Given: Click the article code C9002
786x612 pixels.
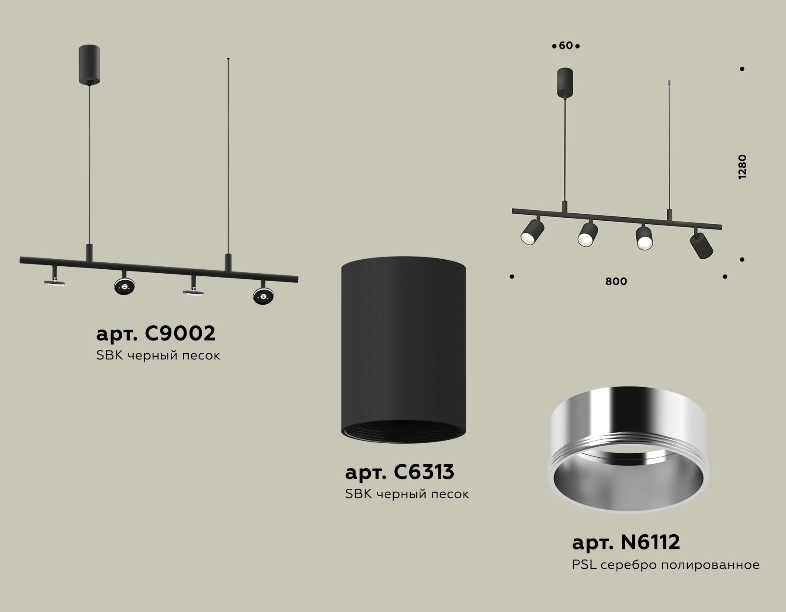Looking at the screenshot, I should point(155,334).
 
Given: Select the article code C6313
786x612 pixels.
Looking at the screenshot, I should point(400,472).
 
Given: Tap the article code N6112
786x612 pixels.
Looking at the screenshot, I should point(626,542).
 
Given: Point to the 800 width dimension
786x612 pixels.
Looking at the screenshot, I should point(616,282).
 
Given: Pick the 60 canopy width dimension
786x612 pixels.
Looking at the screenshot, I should point(565,45).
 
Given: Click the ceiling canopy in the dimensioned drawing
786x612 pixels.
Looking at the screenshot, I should point(565,81).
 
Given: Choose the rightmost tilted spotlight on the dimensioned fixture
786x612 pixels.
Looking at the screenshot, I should point(701,246).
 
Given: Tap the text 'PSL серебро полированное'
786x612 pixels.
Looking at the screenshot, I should point(665,565).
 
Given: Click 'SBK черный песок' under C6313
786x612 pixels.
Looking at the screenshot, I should point(407,494).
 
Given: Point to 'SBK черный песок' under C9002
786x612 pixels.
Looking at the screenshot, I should point(158,355).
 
